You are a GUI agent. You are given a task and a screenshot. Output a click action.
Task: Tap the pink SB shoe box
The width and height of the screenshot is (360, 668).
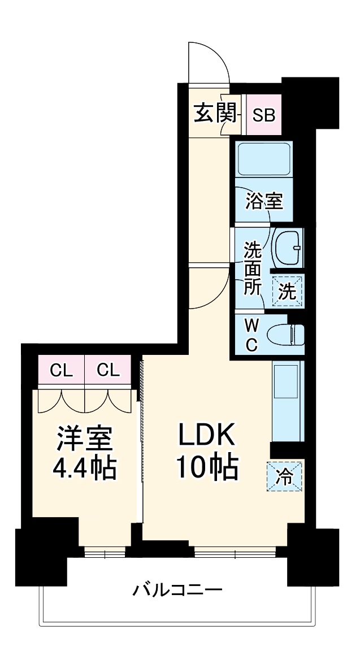(263, 115)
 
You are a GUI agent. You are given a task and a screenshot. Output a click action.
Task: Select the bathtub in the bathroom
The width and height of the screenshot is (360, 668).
(264, 159)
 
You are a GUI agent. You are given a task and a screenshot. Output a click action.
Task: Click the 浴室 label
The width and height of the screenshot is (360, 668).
(264, 201)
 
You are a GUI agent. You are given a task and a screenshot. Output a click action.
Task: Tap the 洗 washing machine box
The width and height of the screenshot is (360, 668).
(288, 291)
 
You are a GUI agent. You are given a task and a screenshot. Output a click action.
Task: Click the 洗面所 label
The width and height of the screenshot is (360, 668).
(253, 268)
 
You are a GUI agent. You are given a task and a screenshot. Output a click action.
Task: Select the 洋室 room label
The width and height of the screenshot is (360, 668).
(84, 438)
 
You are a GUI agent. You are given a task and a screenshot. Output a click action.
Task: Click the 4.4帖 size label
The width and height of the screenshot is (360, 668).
(84, 468)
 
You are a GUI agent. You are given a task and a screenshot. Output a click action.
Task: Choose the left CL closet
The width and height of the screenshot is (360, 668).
(61, 371)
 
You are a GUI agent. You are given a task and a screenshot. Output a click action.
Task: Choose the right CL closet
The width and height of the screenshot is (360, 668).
(108, 371)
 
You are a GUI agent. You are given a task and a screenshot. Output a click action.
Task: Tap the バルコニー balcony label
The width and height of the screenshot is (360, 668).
(177, 591)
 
